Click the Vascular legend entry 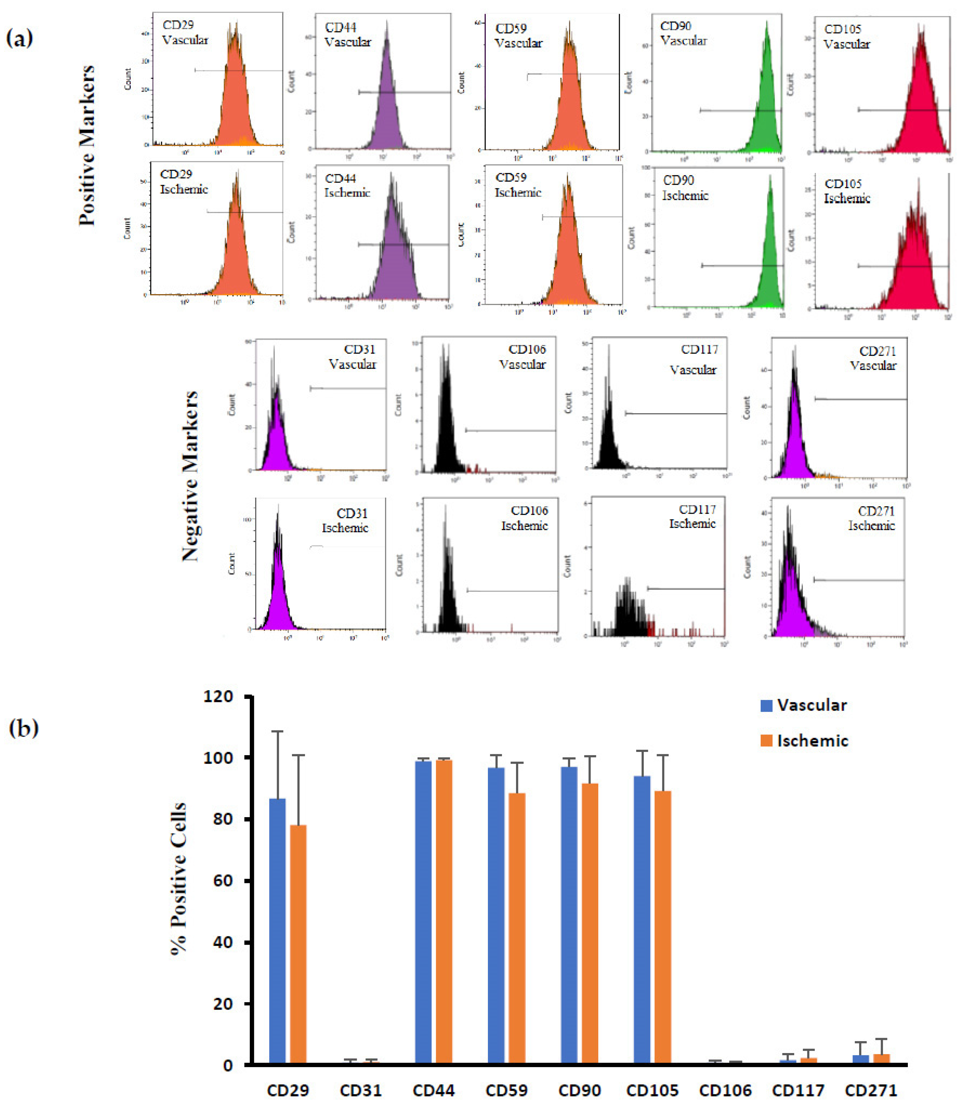point(804,705)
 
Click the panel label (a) point(20,39)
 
